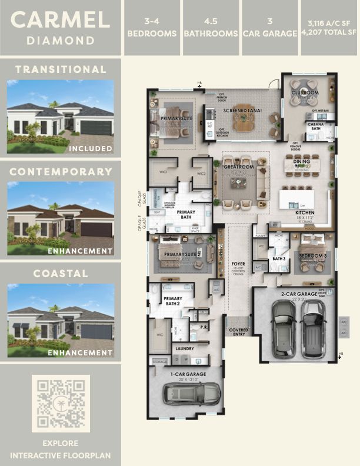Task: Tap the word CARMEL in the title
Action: pyautogui.click(x=61, y=20)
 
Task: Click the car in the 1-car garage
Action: pyautogui.click(x=192, y=391)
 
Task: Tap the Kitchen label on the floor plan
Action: pyautogui.click(x=305, y=212)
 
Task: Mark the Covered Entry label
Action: pyautogui.click(x=238, y=332)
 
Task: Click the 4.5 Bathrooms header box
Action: pyautogui.click(x=211, y=28)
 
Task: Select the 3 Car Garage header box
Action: pyautogui.click(x=270, y=28)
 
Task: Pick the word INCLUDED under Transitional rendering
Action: pyautogui.click(x=90, y=149)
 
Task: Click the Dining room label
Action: pyautogui.click(x=301, y=161)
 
